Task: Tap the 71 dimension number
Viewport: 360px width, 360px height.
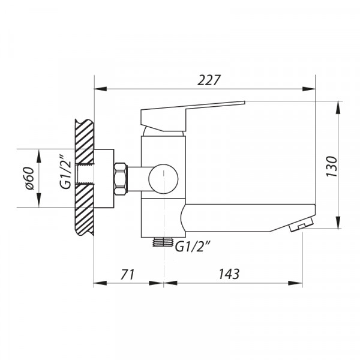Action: (127, 274)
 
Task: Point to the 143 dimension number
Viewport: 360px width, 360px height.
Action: (229, 274)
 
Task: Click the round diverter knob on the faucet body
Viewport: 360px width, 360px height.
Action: (164, 179)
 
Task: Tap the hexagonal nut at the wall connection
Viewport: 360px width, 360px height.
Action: (121, 178)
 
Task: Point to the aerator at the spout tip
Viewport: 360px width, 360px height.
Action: (301, 225)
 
